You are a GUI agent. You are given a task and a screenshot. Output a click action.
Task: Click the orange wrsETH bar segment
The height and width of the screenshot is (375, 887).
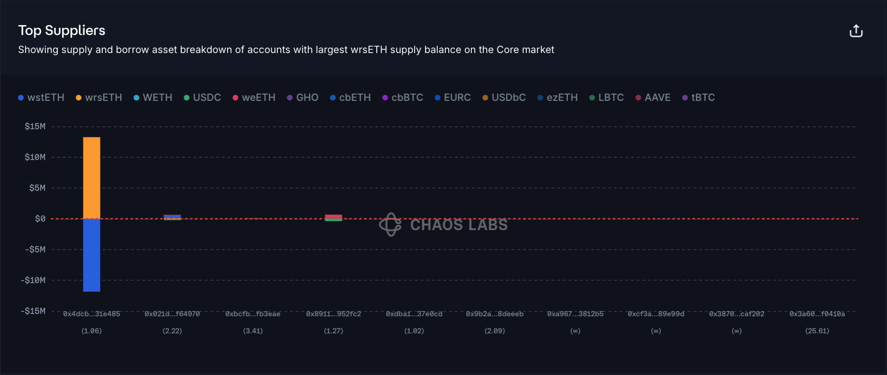click(x=91, y=178)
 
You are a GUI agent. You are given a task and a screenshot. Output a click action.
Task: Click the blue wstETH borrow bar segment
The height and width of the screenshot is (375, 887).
click(x=91, y=255)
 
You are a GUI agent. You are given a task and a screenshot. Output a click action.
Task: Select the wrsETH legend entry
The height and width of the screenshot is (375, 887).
click(x=99, y=98)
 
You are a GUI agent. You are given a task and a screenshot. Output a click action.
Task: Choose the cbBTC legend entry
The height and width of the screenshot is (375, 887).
click(x=403, y=98)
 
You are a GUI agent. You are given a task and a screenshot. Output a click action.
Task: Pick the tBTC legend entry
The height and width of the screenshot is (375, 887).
click(x=699, y=98)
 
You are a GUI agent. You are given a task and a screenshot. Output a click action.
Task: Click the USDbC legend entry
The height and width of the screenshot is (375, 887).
click(x=504, y=98)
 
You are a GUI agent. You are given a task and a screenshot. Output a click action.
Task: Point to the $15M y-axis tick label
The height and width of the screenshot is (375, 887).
click(x=35, y=126)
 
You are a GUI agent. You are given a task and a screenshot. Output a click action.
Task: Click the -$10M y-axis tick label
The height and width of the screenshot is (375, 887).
click(x=33, y=280)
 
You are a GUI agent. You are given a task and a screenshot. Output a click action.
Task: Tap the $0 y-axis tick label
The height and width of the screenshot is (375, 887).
click(x=40, y=219)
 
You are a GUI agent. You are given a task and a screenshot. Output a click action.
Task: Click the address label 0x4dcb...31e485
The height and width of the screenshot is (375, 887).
click(x=91, y=314)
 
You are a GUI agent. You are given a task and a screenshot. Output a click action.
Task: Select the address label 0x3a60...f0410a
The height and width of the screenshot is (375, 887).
click(x=817, y=314)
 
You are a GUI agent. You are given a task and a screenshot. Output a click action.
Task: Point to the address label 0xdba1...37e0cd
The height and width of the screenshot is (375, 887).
click(x=414, y=314)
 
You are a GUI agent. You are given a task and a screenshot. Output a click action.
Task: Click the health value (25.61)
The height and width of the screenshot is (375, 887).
click(x=817, y=331)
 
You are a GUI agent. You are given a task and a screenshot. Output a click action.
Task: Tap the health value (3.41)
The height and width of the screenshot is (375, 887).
click(x=253, y=331)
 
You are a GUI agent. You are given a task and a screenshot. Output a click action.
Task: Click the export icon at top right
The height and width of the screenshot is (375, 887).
click(x=856, y=31)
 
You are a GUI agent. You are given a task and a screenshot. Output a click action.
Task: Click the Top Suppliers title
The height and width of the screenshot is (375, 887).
click(x=62, y=30)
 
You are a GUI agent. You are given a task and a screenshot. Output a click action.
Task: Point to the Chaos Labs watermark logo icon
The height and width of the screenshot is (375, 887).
click(x=390, y=224)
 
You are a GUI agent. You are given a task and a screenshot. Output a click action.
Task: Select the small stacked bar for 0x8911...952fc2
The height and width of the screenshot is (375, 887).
click(x=333, y=218)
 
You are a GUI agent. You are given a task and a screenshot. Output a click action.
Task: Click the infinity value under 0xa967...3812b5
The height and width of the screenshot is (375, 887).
click(x=575, y=331)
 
